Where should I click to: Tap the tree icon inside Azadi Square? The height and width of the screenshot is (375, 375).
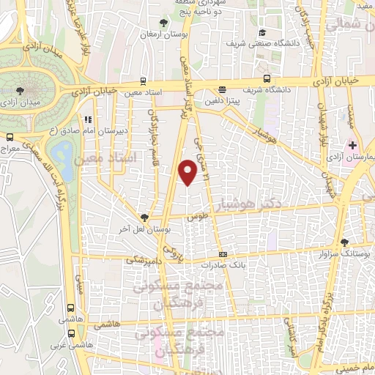pyautogui.click(x=20, y=90)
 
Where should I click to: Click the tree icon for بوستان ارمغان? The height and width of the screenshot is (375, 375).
pyautogui.click(x=164, y=22)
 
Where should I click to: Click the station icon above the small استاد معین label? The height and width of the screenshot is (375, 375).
pyautogui.click(x=142, y=81)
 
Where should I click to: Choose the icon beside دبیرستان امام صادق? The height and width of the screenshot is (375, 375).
pyautogui.click(x=87, y=120)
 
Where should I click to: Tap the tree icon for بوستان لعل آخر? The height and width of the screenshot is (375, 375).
pyautogui.click(x=144, y=217)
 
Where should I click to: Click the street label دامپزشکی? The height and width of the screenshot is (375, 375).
pyautogui.click(x=141, y=259)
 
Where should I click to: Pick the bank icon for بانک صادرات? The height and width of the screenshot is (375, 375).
pyautogui.click(x=223, y=255)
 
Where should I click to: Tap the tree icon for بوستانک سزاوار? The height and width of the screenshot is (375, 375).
pyautogui.click(x=344, y=242)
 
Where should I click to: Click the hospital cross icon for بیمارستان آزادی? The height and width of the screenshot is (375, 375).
pyautogui.click(x=352, y=145)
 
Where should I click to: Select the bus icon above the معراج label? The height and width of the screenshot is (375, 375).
pyautogui.click(x=9, y=136)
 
